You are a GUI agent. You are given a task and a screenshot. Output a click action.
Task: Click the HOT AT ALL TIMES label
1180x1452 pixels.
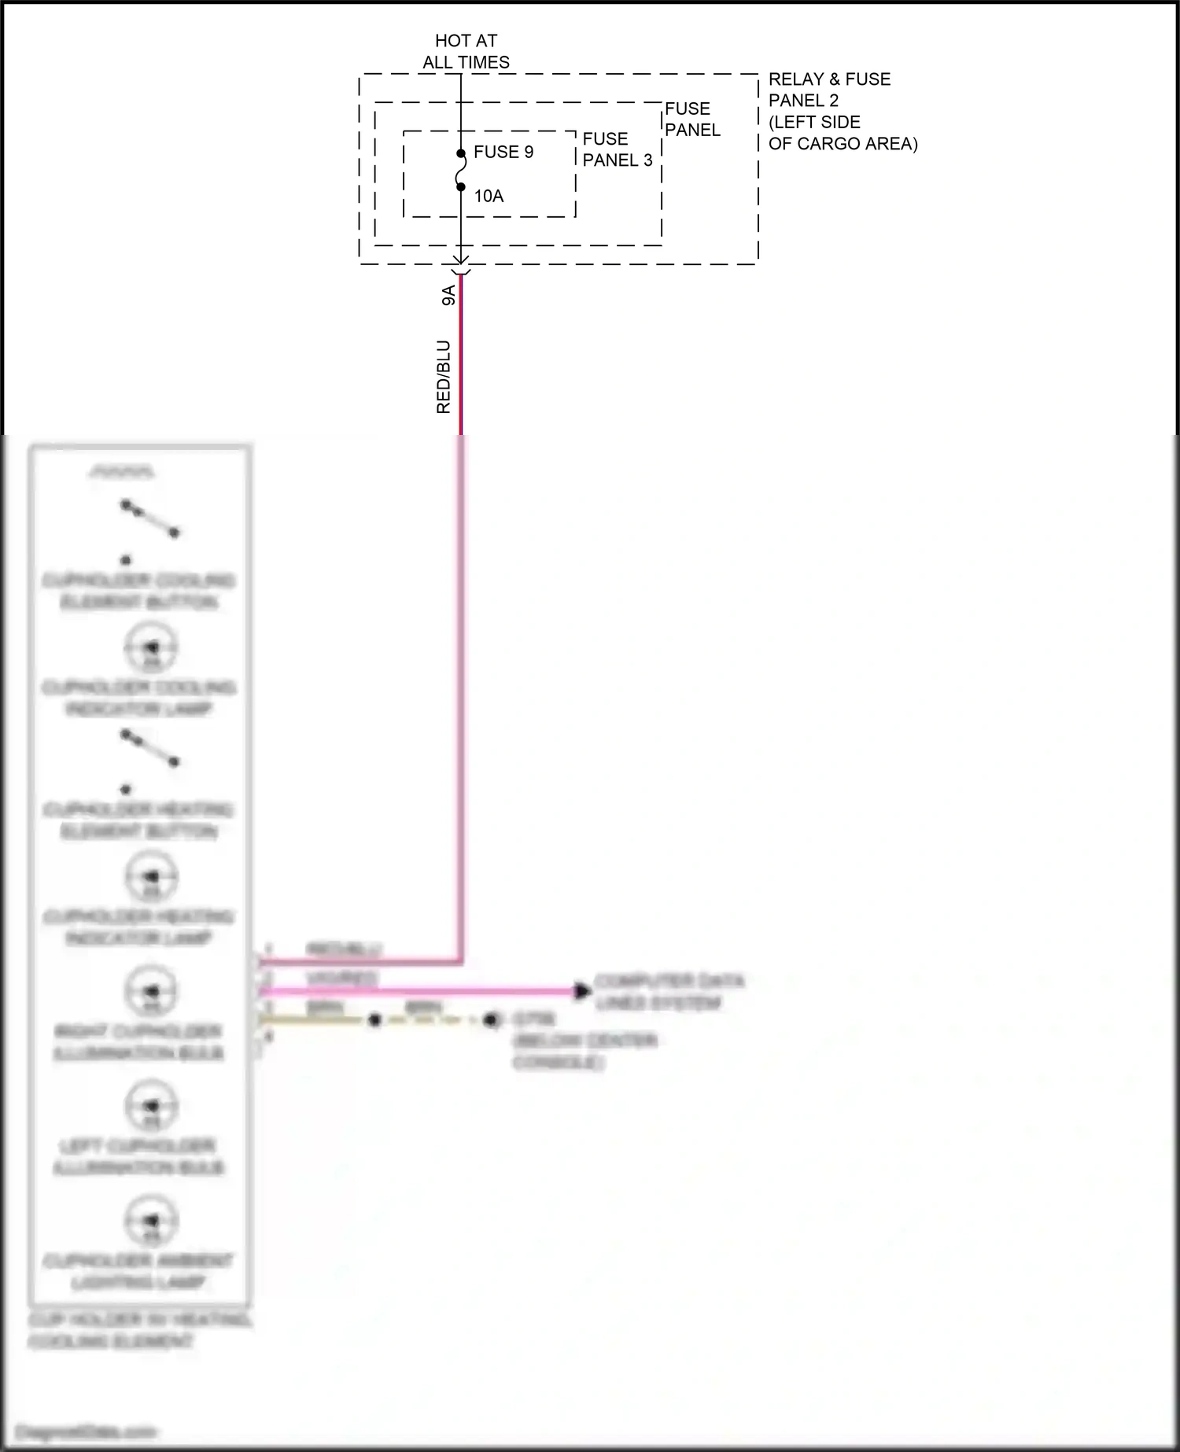point(466,51)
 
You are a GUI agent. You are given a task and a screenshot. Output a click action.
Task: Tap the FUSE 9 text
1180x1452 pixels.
point(503,152)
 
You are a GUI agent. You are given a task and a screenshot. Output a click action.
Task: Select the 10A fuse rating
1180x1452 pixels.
point(489,196)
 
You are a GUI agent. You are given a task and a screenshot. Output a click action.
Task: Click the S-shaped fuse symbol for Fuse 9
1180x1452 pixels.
point(461,170)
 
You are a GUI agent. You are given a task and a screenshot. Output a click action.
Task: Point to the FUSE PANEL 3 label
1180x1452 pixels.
point(618,149)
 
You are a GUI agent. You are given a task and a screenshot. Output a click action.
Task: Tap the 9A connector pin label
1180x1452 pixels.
point(448,295)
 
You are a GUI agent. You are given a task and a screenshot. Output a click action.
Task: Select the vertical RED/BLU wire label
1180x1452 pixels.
point(444,377)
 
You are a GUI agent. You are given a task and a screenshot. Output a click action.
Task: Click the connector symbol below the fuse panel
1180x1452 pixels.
point(461,266)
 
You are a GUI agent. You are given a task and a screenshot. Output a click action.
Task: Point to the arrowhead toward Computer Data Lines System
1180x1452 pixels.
point(582,991)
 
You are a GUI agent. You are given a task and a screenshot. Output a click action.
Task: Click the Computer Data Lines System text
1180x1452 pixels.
point(669,992)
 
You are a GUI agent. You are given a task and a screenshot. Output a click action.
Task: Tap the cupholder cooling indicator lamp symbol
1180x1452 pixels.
point(151,648)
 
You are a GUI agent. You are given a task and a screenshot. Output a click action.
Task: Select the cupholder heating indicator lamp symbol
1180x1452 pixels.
point(151,877)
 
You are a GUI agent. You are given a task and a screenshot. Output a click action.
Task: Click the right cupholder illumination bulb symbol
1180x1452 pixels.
point(151,992)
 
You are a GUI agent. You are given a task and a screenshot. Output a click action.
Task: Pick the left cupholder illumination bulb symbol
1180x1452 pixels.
point(151,1106)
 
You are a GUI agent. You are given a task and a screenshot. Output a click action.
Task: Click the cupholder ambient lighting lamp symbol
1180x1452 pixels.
point(151,1221)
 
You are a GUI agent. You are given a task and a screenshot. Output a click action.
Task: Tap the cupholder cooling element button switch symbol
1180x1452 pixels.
point(149,519)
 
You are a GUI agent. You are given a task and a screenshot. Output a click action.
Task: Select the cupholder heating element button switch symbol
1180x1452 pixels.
point(149,749)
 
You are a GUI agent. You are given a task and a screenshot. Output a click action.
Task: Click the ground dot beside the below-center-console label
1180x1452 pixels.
point(491,1020)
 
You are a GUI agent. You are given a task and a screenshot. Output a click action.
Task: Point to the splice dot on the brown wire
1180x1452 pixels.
point(374,1020)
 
